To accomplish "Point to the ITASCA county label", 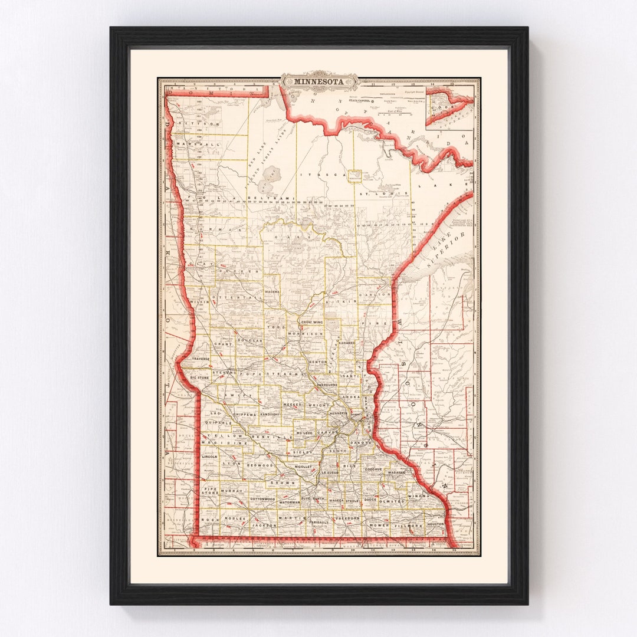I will point(313,175).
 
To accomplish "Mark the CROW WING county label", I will point(313,323).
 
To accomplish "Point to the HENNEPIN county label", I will point(339,414).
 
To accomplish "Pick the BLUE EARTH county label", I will point(313,499).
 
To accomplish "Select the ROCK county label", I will point(209,520).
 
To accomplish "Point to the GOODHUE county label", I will point(375,469).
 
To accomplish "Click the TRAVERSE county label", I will point(201,359).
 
